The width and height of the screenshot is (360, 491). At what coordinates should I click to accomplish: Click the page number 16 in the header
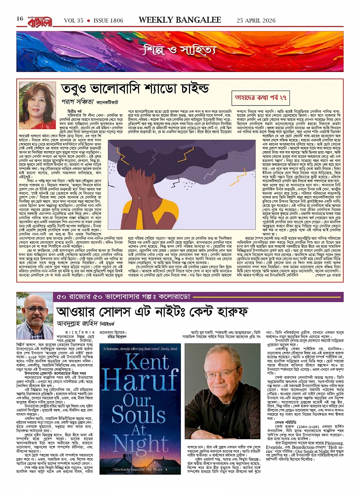(20, 19)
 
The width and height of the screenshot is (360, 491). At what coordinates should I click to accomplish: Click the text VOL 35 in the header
(74, 21)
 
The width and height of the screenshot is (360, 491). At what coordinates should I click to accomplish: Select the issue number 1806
(108, 21)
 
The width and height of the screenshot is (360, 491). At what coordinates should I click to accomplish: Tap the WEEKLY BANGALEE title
(180, 20)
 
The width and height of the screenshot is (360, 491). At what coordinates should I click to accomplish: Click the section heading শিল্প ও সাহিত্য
(179, 49)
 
